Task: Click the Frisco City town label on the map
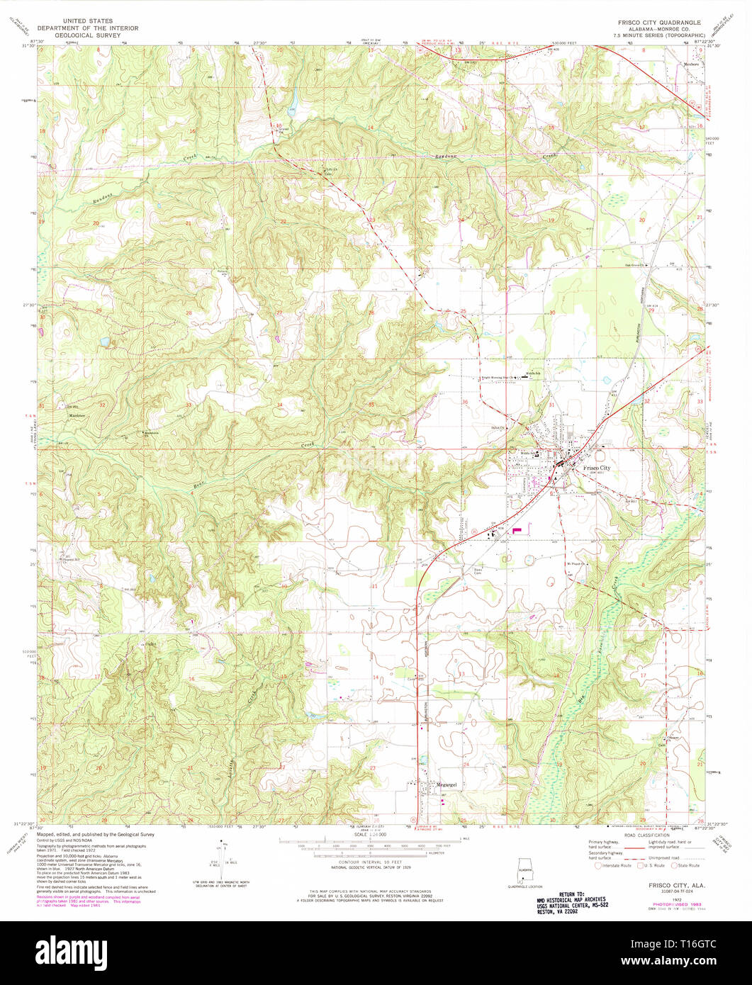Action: click(x=595, y=468)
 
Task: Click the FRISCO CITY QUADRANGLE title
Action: click(x=658, y=23)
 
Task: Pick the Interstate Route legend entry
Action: click(x=617, y=865)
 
